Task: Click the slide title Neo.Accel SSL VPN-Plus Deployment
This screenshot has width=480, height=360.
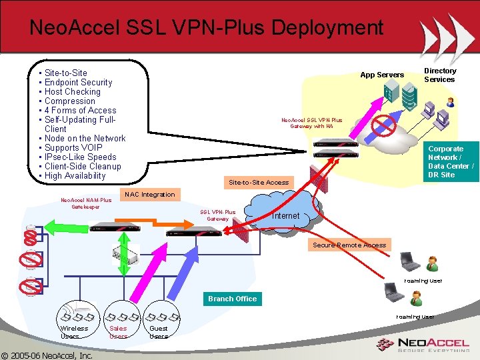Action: (x=207, y=28)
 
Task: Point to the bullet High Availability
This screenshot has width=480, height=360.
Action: (x=75, y=176)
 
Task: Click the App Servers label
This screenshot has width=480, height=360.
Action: (x=382, y=75)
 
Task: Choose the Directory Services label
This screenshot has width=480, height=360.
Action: (x=440, y=75)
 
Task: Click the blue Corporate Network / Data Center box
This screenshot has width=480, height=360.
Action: (x=451, y=161)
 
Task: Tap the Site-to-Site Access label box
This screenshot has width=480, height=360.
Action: (x=259, y=182)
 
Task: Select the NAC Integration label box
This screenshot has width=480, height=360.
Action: (x=149, y=195)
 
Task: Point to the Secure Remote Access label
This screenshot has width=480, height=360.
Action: (x=349, y=245)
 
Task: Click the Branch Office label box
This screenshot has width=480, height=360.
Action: (x=232, y=299)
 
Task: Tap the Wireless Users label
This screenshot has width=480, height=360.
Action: (x=74, y=332)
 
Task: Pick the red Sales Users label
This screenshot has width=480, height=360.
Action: (x=118, y=332)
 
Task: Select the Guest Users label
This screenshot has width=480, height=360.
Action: (x=159, y=332)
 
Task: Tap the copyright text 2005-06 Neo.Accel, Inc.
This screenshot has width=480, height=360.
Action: (x=47, y=355)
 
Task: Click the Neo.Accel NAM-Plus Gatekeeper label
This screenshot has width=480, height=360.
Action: (x=86, y=203)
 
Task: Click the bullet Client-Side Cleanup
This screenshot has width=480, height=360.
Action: (x=83, y=167)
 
